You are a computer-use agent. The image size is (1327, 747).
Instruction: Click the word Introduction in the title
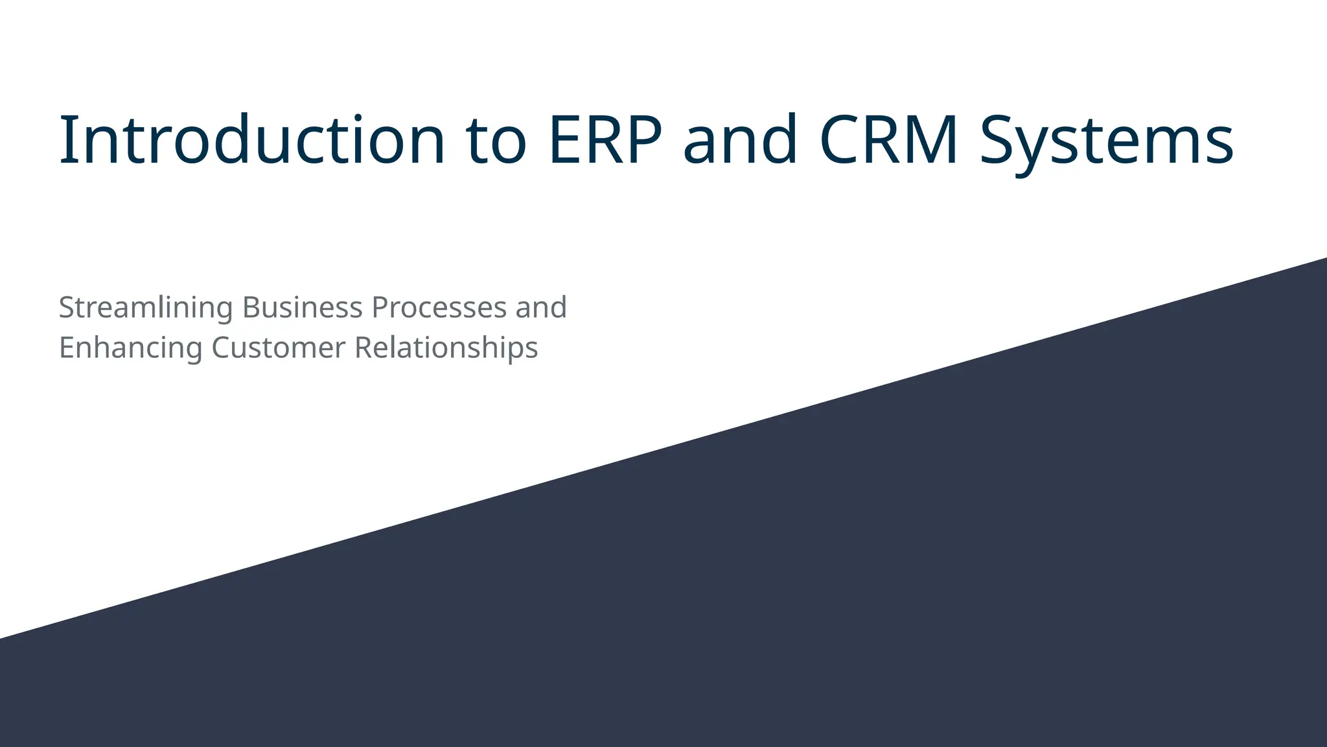[x=251, y=140]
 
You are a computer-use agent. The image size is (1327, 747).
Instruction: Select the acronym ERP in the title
[x=605, y=140]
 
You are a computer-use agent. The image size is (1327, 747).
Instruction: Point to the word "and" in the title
[x=740, y=140]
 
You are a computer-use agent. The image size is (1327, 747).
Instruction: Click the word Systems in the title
[x=1106, y=141]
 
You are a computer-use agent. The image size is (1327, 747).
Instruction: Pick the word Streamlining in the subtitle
[x=146, y=307]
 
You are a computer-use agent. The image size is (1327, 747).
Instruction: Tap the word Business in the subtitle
[x=302, y=307]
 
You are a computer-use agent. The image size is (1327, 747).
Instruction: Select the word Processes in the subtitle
[x=439, y=307]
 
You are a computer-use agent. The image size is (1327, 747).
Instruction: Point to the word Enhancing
[x=130, y=348]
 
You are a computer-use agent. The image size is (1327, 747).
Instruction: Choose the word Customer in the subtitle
[x=279, y=348]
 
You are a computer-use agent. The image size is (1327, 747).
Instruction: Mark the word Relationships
[x=446, y=348]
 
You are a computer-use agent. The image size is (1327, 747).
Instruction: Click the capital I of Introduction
[x=65, y=140]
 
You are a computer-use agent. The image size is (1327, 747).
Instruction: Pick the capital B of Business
[x=250, y=307]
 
